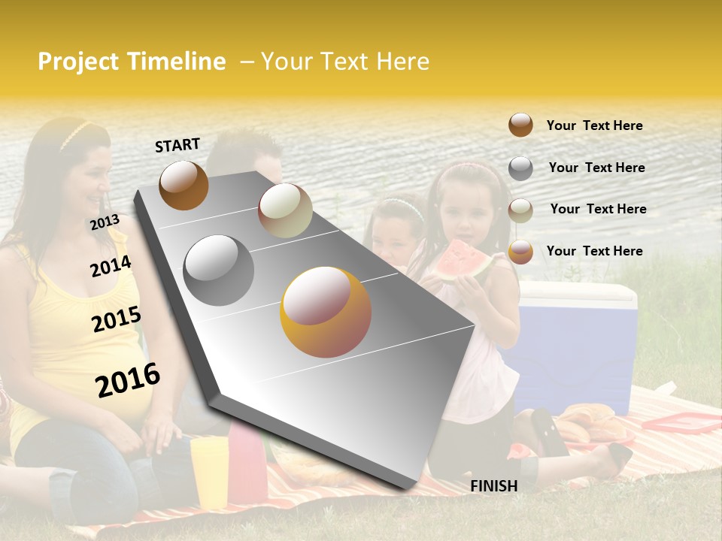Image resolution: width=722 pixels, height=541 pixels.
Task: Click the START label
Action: click(x=177, y=145)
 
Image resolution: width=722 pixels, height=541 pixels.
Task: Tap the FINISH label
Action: click(x=493, y=486)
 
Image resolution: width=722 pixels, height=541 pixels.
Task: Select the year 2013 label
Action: click(x=105, y=222)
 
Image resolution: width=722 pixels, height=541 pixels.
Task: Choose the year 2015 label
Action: click(x=116, y=319)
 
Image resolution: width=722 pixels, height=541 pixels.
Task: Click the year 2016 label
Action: click(x=128, y=380)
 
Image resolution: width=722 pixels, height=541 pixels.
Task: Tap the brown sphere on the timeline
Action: click(x=184, y=185)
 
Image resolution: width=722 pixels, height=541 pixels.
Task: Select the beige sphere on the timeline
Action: click(x=285, y=210)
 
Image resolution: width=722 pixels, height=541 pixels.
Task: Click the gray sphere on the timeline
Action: click(x=219, y=270)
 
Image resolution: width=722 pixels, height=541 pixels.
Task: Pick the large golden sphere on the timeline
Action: click(x=326, y=312)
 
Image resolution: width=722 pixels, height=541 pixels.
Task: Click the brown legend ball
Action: click(x=520, y=125)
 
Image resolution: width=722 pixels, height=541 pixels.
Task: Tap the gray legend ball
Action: click(x=520, y=168)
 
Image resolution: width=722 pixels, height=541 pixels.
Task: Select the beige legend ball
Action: click(x=520, y=210)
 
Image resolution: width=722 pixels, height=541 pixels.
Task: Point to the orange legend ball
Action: click(x=520, y=252)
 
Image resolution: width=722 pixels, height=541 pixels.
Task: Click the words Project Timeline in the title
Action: click(x=132, y=62)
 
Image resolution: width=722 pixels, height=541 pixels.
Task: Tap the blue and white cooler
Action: click(x=575, y=346)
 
